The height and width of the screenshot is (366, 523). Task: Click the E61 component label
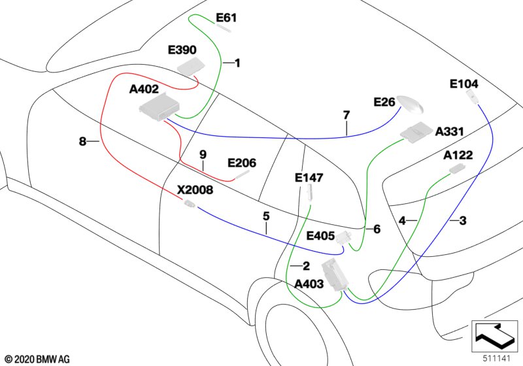[x=226, y=18]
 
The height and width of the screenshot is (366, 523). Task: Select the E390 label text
[x=182, y=50]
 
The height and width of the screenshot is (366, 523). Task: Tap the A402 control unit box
[x=160, y=107]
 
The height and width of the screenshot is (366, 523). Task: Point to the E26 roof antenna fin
[x=411, y=105]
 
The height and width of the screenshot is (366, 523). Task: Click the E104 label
[x=464, y=84]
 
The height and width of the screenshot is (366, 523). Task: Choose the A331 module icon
[x=416, y=131]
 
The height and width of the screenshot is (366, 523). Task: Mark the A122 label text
[x=458, y=155]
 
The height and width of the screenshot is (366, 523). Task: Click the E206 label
[x=242, y=163]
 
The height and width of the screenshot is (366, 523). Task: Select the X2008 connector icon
[x=189, y=203]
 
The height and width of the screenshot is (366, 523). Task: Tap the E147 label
[x=309, y=178]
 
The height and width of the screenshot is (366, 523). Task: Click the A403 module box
[x=335, y=274]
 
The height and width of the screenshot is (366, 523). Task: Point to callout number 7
[x=346, y=115]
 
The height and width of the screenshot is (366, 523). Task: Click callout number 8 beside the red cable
[x=82, y=141]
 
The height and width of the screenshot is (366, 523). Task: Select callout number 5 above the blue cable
[x=266, y=216]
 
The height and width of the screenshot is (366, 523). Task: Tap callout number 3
[x=463, y=221]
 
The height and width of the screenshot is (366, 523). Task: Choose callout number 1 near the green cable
[x=237, y=63]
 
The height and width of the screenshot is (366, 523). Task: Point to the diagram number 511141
[x=497, y=359]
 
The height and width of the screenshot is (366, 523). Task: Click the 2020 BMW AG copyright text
[x=38, y=359]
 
